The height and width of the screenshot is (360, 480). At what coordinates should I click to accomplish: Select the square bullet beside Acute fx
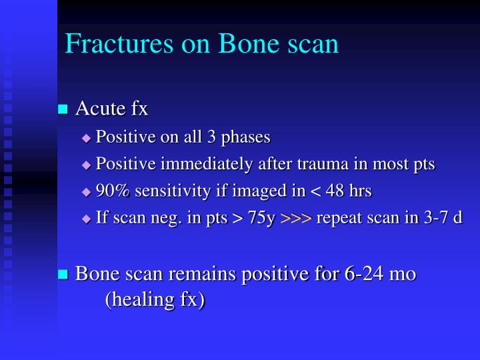[x=63, y=108]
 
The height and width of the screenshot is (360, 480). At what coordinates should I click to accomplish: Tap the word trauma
[x=315, y=164]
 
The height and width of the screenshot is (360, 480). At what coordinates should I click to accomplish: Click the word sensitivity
[x=174, y=191]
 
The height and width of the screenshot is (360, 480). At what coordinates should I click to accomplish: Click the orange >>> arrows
[x=295, y=219]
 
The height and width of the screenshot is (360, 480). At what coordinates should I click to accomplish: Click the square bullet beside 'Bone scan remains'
[x=63, y=274]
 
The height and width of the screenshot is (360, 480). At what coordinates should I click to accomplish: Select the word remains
[x=218, y=273]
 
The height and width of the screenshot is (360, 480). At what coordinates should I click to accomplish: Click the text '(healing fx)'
[x=154, y=299]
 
